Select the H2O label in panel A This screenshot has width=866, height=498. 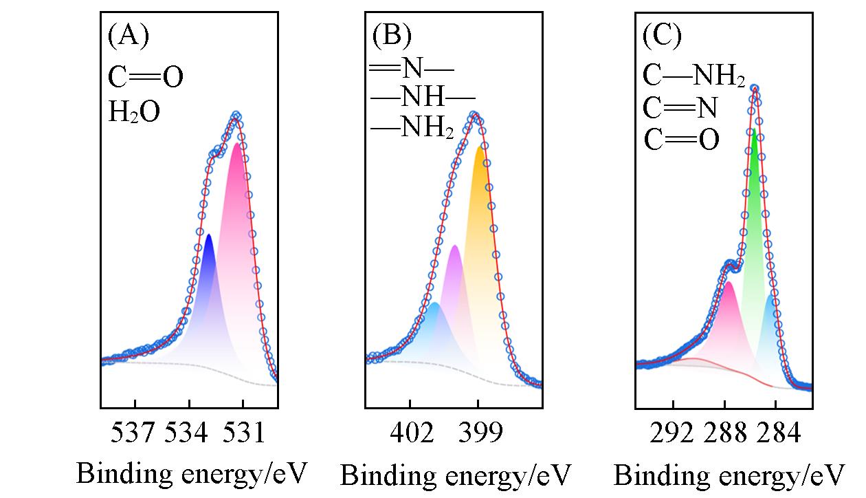pyautogui.click(x=134, y=112)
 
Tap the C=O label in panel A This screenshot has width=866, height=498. pyautogui.click(x=146, y=77)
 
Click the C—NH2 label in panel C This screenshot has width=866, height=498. pyautogui.click(x=694, y=76)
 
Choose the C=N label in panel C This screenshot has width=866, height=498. pyautogui.click(x=680, y=108)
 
